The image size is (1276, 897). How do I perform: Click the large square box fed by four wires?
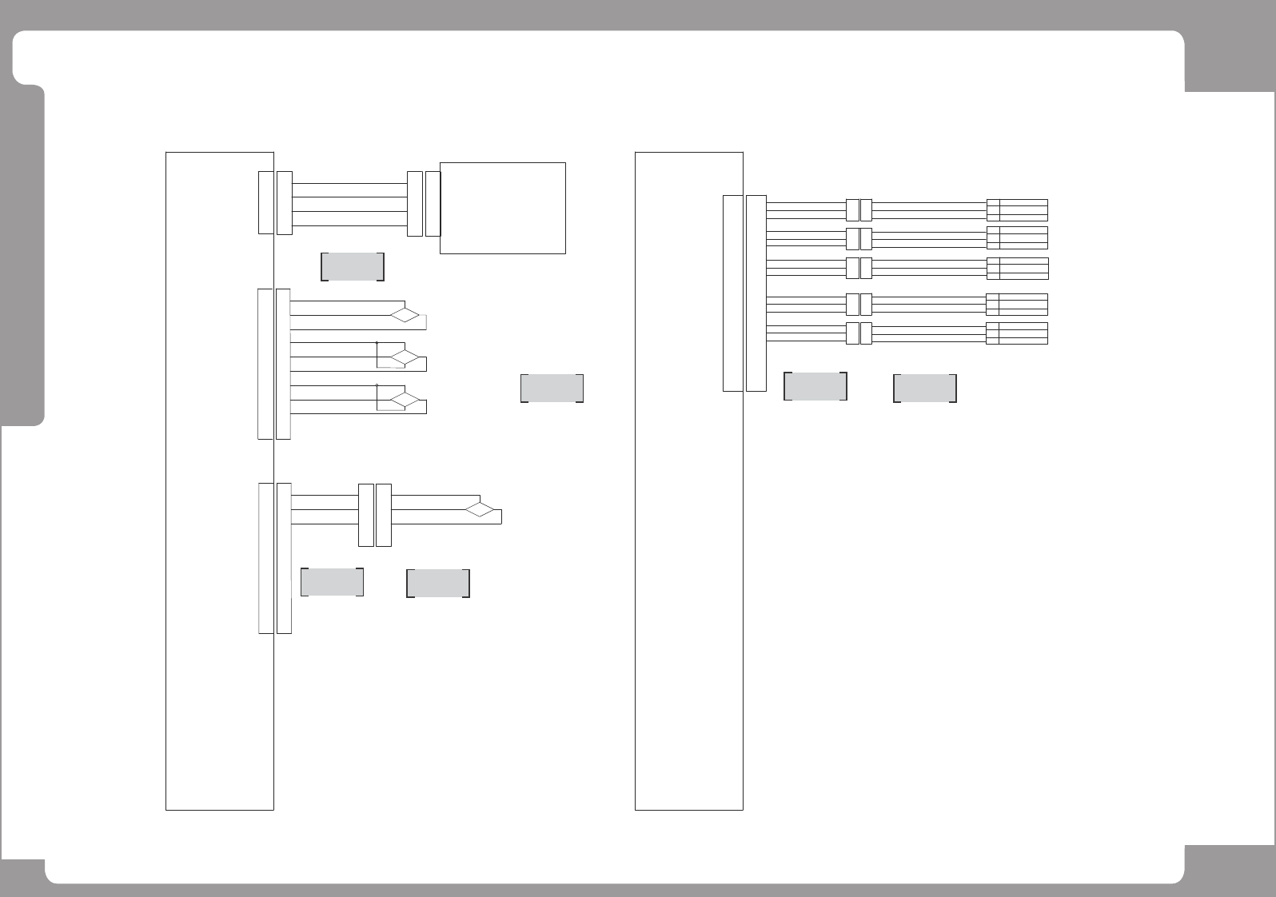pyautogui.click(x=502, y=208)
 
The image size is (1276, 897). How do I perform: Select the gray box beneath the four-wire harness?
pyautogui.click(x=352, y=267)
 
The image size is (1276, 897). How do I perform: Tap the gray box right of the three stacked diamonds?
pyautogui.click(x=552, y=388)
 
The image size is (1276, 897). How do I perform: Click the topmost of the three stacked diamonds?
pyautogui.click(x=405, y=315)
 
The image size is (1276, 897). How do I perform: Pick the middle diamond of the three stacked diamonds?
pyautogui.click(x=405, y=357)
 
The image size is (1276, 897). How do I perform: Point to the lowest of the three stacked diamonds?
pyautogui.click(x=405, y=400)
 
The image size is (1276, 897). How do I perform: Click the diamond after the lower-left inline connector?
pyautogui.click(x=480, y=509)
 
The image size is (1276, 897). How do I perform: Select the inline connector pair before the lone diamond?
pyautogui.click(x=374, y=515)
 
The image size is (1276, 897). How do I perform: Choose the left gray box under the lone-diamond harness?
pyautogui.click(x=332, y=582)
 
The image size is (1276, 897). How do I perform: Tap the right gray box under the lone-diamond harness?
pyautogui.click(x=437, y=584)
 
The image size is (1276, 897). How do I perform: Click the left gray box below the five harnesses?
pyautogui.click(x=815, y=386)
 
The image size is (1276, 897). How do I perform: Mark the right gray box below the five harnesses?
pyautogui.click(x=924, y=388)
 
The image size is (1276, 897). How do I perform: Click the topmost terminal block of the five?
pyautogui.click(x=1017, y=209)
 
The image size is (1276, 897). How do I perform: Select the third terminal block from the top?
pyautogui.click(x=1017, y=269)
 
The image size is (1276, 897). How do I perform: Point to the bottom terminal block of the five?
pyautogui.click(x=1017, y=333)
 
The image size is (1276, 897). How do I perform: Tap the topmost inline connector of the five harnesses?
pyautogui.click(x=859, y=209)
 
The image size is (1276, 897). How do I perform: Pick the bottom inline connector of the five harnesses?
pyautogui.click(x=859, y=333)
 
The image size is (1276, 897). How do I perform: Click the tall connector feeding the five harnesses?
pyautogui.click(x=744, y=293)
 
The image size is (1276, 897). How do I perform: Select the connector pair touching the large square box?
pyautogui.click(x=424, y=203)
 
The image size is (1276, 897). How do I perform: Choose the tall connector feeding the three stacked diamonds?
pyautogui.click(x=274, y=364)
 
